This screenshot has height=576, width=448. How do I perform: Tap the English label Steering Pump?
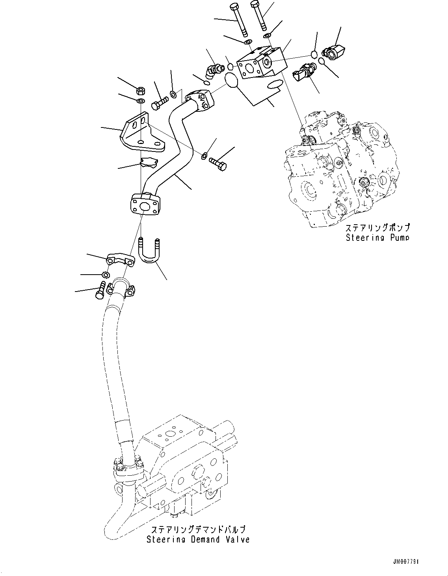pyautogui.click(x=377, y=237)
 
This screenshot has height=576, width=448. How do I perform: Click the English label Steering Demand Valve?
pyautogui.click(x=198, y=539)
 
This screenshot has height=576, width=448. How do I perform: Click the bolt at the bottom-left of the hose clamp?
pyautogui.click(x=99, y=291)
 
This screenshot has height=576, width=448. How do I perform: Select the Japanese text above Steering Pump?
pyautogui.click(x=377, y=228)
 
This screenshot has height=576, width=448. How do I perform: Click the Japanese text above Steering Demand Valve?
pyautogui.click(x=198, y=529)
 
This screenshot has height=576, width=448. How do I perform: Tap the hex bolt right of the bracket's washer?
pyautogui.click(x=217, y=163)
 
